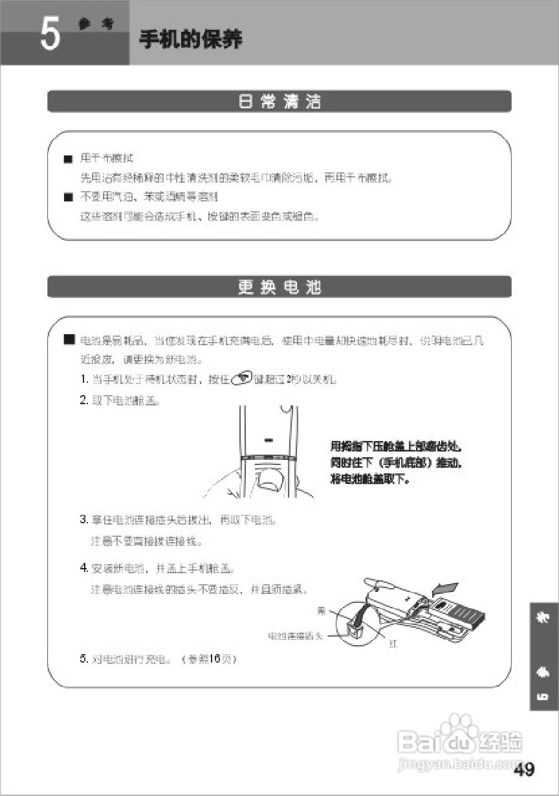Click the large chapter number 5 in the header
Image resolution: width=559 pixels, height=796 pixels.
(x=50, y=34)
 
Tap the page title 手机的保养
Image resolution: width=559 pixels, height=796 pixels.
(x=191, y=40)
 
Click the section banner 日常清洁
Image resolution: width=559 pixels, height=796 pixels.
(x=279, y=102)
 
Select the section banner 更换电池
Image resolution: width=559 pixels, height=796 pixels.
(x=279, y=288)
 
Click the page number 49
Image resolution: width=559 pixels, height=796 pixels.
(x=524, y=769)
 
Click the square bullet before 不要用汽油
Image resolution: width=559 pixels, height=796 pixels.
(x=67, y=198)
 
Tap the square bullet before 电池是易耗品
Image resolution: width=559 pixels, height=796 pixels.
(x=68, y=339)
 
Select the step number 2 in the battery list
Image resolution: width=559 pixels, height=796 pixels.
(x=83, y=400)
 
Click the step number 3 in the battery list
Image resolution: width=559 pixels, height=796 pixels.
(x=83, y=519)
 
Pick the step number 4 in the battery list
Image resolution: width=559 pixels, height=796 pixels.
(x=83, y=568)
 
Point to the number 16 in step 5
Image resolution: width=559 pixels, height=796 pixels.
(x=214, y=659)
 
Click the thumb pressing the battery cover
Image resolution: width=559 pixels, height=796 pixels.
(x=268, y=479)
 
